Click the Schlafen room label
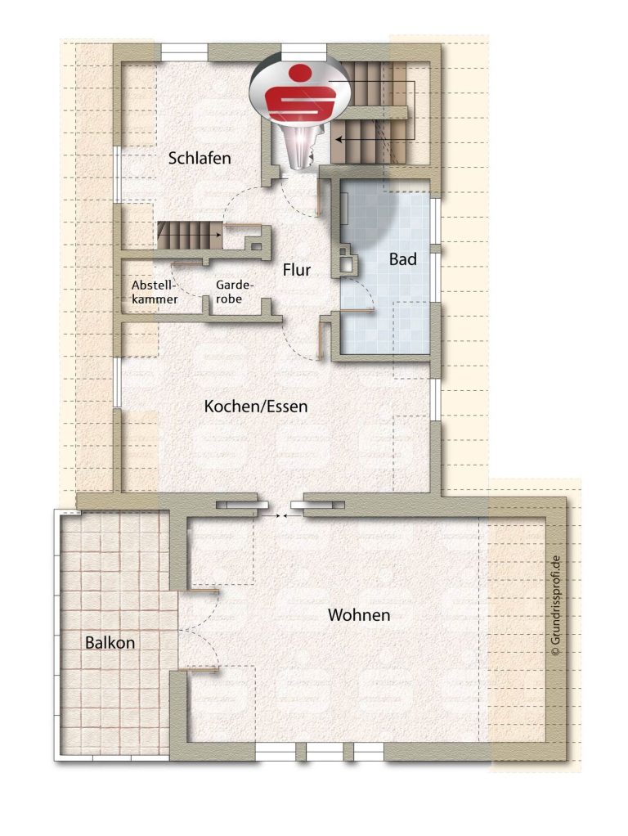tap(200, 159)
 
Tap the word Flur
tap(296, 270)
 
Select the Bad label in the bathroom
tap(402, 259)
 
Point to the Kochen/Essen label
tap(256, 407)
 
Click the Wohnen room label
tap(359, 615)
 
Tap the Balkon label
tap(110, 643)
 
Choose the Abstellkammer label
tap(155, 292)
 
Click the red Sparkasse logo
tap(300, 92)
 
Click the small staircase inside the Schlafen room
tap(189, 236)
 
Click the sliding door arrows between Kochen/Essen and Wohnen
tap(278, 515)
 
